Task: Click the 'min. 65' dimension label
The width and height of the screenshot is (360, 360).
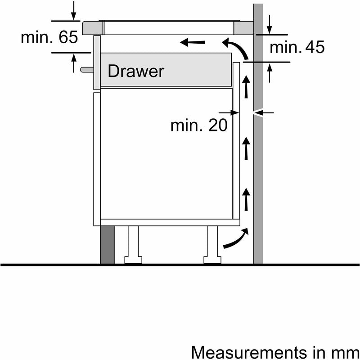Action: point(49,37)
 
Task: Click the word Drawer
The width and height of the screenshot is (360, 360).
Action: point(135,71)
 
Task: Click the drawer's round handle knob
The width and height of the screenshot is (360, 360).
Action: point(85,69)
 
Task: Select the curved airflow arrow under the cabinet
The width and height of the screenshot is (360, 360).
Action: point(235,239)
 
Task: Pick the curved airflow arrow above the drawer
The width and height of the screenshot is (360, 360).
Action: point(236,49)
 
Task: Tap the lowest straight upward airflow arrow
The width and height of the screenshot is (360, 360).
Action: point(246,200)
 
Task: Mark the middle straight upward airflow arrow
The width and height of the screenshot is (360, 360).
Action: point(246,149)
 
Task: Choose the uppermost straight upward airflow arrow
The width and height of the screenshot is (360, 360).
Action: point(246,86)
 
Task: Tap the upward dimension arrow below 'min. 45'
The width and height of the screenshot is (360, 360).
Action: point(269,73)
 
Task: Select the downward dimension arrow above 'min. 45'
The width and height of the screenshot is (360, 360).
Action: point(269,23)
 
